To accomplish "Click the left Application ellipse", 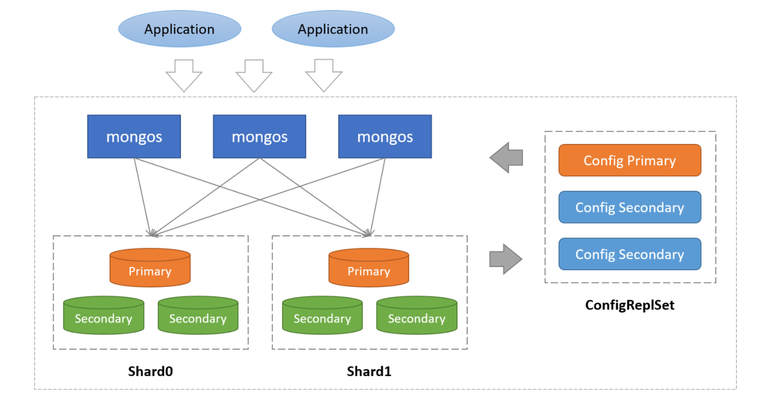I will (x=179, y=29).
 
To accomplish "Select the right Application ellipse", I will (x=333, y=29).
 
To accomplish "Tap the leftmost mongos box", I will (x=134, y=136).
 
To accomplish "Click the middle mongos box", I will (x=259, y=136).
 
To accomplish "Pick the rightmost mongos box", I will (x=385, y=136).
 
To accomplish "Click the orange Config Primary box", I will (x=629, y=160).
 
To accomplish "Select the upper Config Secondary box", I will (x=629, y=207).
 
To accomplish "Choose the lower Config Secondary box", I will (x=629, y=254).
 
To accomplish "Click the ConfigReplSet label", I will (x=629, y=305).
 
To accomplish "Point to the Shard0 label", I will (x=150, y=371).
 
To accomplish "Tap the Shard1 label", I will (x=369, y=371).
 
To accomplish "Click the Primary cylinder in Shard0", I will (x=150, y=268).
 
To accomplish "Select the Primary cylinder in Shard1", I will (x=368, y=268).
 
